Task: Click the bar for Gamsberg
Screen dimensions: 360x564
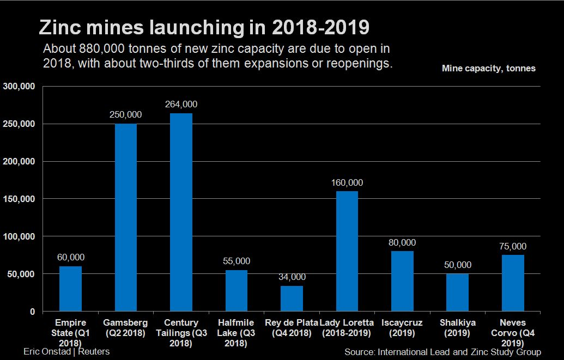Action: coord(126,218)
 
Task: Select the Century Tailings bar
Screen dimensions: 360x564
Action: coord(181,212)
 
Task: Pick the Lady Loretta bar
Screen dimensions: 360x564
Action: coord(347,251)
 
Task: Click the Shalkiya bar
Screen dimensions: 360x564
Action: coord(457,292)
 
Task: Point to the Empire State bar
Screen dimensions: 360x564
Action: coord(70,289)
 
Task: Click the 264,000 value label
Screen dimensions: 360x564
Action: coord(181,105)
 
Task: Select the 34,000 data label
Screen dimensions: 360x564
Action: coord(292,277)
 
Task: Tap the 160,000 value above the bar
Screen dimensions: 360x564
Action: coord(347,183)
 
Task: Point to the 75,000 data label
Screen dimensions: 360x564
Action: coord(513,246)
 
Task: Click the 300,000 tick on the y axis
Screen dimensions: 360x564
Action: coord(20,86)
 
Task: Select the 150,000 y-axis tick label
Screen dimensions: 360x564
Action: coord(20,199)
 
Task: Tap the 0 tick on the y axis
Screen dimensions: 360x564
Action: coord(32,312)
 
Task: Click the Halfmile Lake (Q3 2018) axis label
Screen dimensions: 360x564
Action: coord(236,333)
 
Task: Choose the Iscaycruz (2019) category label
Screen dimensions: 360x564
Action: coord(402,328)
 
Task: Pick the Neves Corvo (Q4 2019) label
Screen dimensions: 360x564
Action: coord(513,333)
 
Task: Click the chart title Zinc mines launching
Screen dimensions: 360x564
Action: coord(203,27)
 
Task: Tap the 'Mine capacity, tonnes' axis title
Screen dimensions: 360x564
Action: coord(488,69)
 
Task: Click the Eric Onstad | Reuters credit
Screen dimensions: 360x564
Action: coord(66,351)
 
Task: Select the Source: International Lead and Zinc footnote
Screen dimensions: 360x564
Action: coord(442,352)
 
